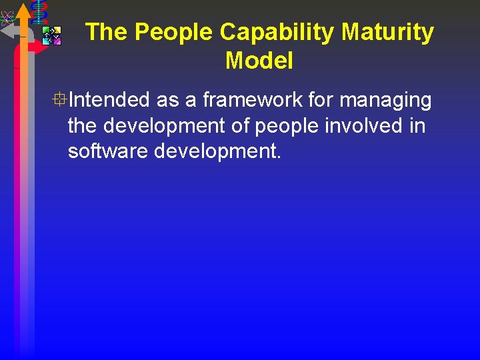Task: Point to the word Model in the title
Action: pyautogui.click(x=259, y=61)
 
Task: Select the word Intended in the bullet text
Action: pyautogui.click(x=109, y=100)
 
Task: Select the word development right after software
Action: pyautogui.click(x=218, y=152)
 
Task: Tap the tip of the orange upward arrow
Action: pyautogui.click(x=23, y=7)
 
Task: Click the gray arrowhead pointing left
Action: pyautogui.click(x=7, y=31)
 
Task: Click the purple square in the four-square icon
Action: pyautogui.click(x=57, y=41)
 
